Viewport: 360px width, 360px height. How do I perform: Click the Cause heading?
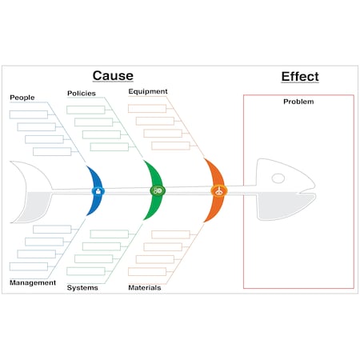click(x=113, y=75)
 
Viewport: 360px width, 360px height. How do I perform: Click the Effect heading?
click(x=299, y=77)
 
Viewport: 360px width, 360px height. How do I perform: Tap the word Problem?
click(x=298, y=102)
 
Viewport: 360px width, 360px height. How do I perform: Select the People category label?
click(x=22, y=98)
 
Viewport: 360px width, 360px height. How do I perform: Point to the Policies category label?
click(x=81, y=93)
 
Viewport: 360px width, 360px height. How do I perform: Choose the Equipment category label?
click(x=148, y=91)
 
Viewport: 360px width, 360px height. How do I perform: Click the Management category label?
click(x=33, y=282)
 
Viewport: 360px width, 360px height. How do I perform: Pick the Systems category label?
click(x=82, y=287)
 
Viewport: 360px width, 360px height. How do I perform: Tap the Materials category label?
click(x=145, y=287)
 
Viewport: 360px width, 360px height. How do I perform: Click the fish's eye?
click(x=278, y=178)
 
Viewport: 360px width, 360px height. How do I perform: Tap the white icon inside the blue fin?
click(x=98, y=191)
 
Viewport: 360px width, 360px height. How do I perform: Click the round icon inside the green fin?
click(x=158, y=190)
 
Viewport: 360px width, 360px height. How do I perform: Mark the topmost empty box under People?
click(x=29, y=114)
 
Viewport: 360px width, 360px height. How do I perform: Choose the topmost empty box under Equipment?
click(x=148, y=108)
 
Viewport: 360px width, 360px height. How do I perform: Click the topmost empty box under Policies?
click(x=87, y=110)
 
